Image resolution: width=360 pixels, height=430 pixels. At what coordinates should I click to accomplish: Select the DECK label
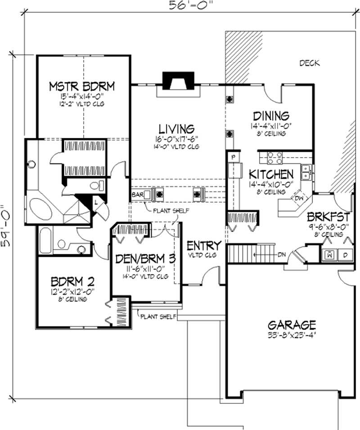pyautogui.click(x=310, y=63)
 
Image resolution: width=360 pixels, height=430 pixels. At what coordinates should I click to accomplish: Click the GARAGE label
pyautogui.click(x=291, y=325)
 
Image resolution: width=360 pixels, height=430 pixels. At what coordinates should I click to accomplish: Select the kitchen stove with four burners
pyautogui.click(x=274, y=157)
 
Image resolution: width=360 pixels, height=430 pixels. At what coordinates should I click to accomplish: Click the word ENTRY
pyautogui.click(x=204, y=246)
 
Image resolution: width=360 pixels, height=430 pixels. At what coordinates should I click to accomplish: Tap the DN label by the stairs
pyautogui.click(x=282, y=255)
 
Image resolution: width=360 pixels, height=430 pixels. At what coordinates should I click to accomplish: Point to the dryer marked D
pyautogui.click(x=346, y=254)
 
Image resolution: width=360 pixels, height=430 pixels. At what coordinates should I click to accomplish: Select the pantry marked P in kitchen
pyautogui.click(x=234, y=157)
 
